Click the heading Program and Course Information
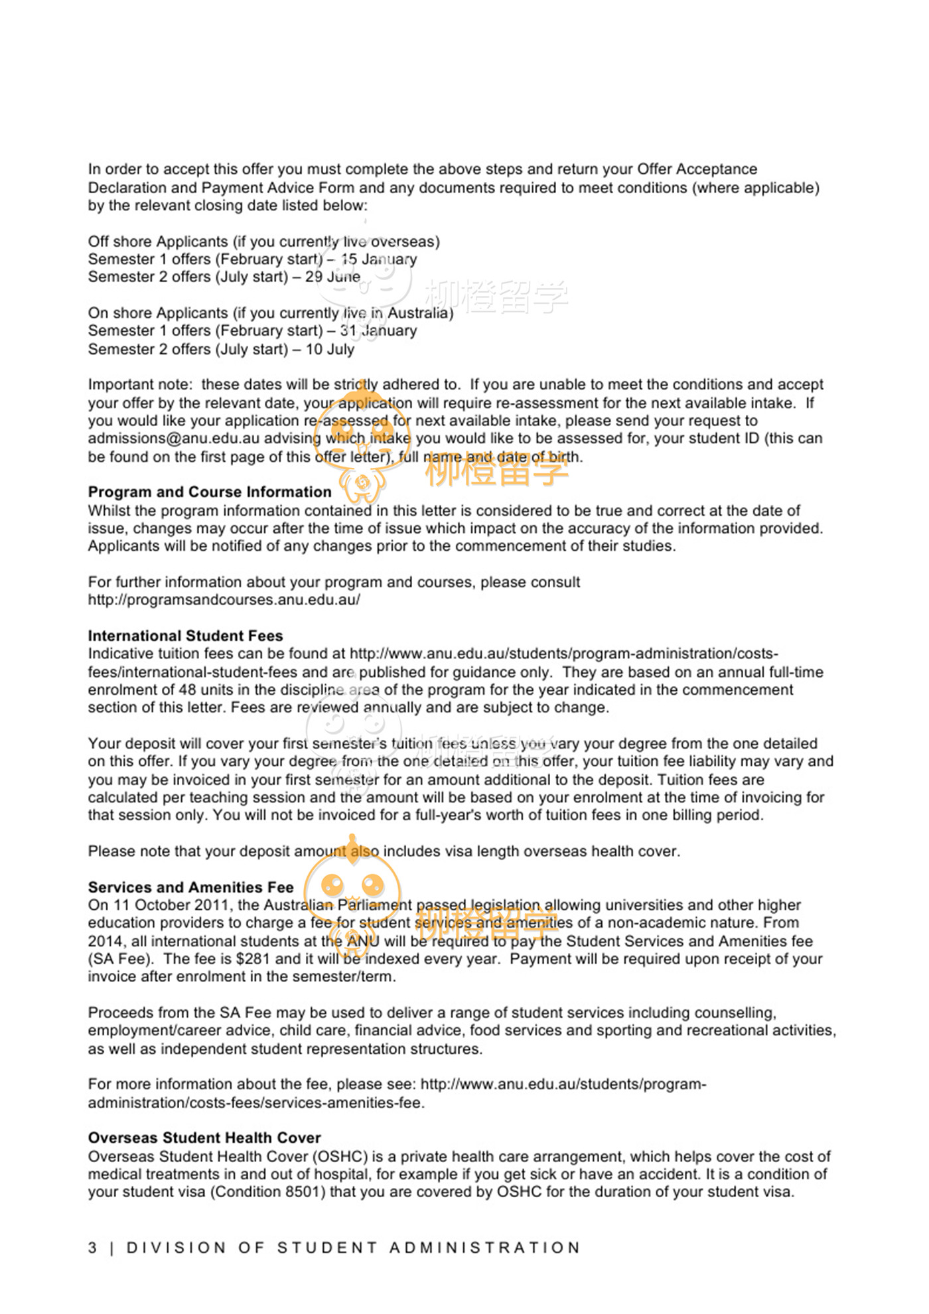pos(210,492)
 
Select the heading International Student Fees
pos(185,636)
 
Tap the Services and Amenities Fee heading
pos(190,887)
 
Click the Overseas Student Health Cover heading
pos(204,1137)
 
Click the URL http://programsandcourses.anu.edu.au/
pos(224,600)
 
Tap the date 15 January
pos(379,259)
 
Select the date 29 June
pos(332,277)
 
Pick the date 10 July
pos(330,349)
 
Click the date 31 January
pos(378,330)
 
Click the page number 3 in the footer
pos(93,1248)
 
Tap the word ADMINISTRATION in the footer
pos(485,1248)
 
